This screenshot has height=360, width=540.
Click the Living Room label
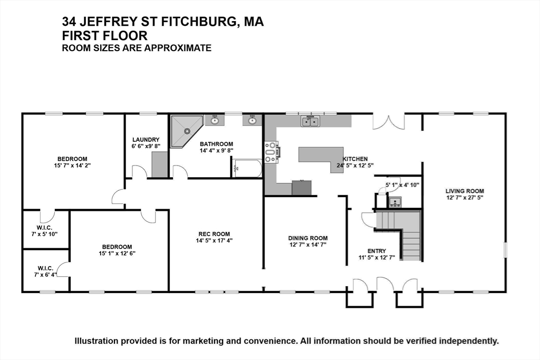tap(465, 191)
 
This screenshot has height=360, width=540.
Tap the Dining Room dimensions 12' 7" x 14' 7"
tap(308, 245)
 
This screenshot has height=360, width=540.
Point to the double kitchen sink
tap(310, 121)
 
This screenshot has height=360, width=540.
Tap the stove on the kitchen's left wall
tap(272, 152)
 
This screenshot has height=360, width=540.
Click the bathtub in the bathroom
tap(247, 168)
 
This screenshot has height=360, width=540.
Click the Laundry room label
tap(146, 140)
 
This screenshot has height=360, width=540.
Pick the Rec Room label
tap(214, 234)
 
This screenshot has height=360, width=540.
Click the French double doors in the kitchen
tap(389, 122)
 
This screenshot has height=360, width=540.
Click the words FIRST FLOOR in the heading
tap(105, 35)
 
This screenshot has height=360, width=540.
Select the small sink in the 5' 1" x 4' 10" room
tap(395, 202)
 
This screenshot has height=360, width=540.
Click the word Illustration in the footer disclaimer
tap(97, 341)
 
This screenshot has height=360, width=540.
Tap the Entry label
tap(377, 251)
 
